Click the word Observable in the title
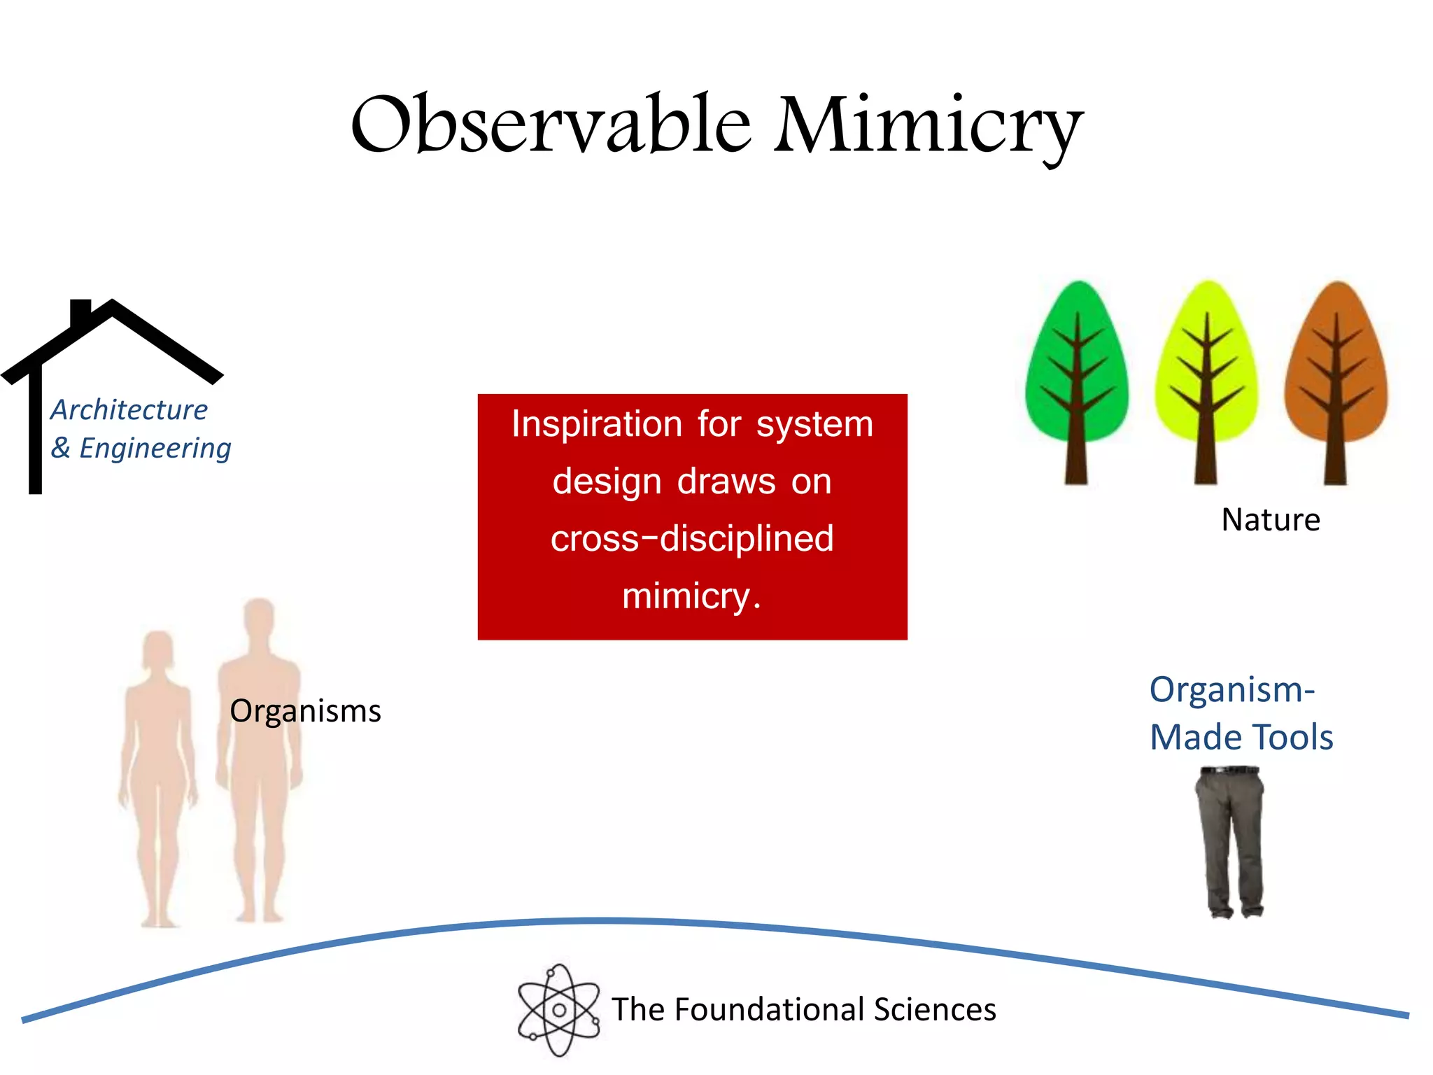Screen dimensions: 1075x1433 tap(551, 125)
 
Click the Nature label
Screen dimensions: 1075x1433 tap(1271, 520)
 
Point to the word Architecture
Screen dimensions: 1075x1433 tap(129, 410)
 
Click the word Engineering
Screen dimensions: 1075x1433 tap(155, 449)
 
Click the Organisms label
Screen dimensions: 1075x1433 tap(305, 711)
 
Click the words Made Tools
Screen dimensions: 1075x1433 tap(1241, 738)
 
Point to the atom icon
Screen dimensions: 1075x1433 tap(558, 1010)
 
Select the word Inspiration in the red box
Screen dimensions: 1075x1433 tap(596, 424)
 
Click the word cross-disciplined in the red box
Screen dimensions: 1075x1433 tap(692, 539)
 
